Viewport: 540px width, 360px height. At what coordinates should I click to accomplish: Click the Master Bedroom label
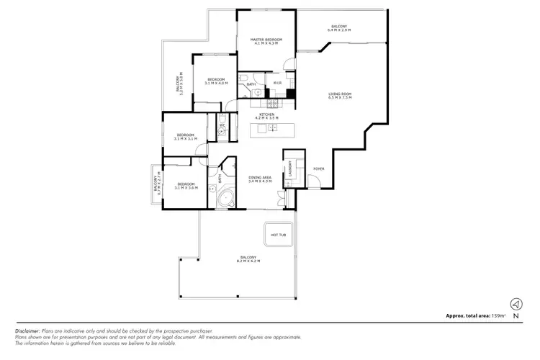coord(266,41)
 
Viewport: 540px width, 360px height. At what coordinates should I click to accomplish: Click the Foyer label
coord(318,169)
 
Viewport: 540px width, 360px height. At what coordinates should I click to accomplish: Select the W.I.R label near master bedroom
coord(276,83)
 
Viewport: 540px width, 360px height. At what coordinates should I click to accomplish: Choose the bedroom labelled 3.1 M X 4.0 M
coord(216,81)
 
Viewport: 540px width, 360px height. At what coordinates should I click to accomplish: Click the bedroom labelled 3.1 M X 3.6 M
coord(186,185)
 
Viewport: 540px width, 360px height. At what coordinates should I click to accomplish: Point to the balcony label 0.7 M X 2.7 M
coord(156,185)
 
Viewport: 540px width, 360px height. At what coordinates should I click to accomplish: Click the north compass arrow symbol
coord(516,304)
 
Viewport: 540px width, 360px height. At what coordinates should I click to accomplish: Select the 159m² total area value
coord(498,316)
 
